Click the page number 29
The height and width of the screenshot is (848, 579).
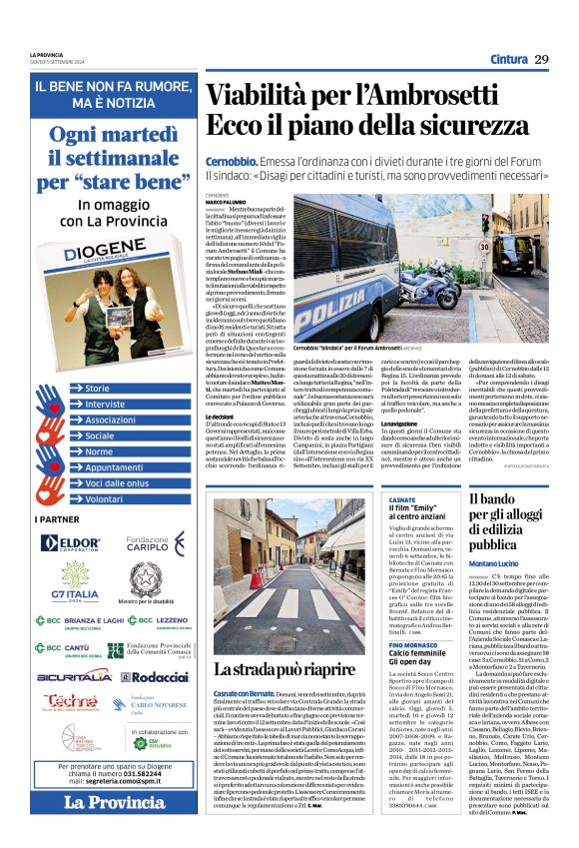[x=541, y=58]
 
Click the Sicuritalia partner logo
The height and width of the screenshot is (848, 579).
[x=69, y=676]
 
